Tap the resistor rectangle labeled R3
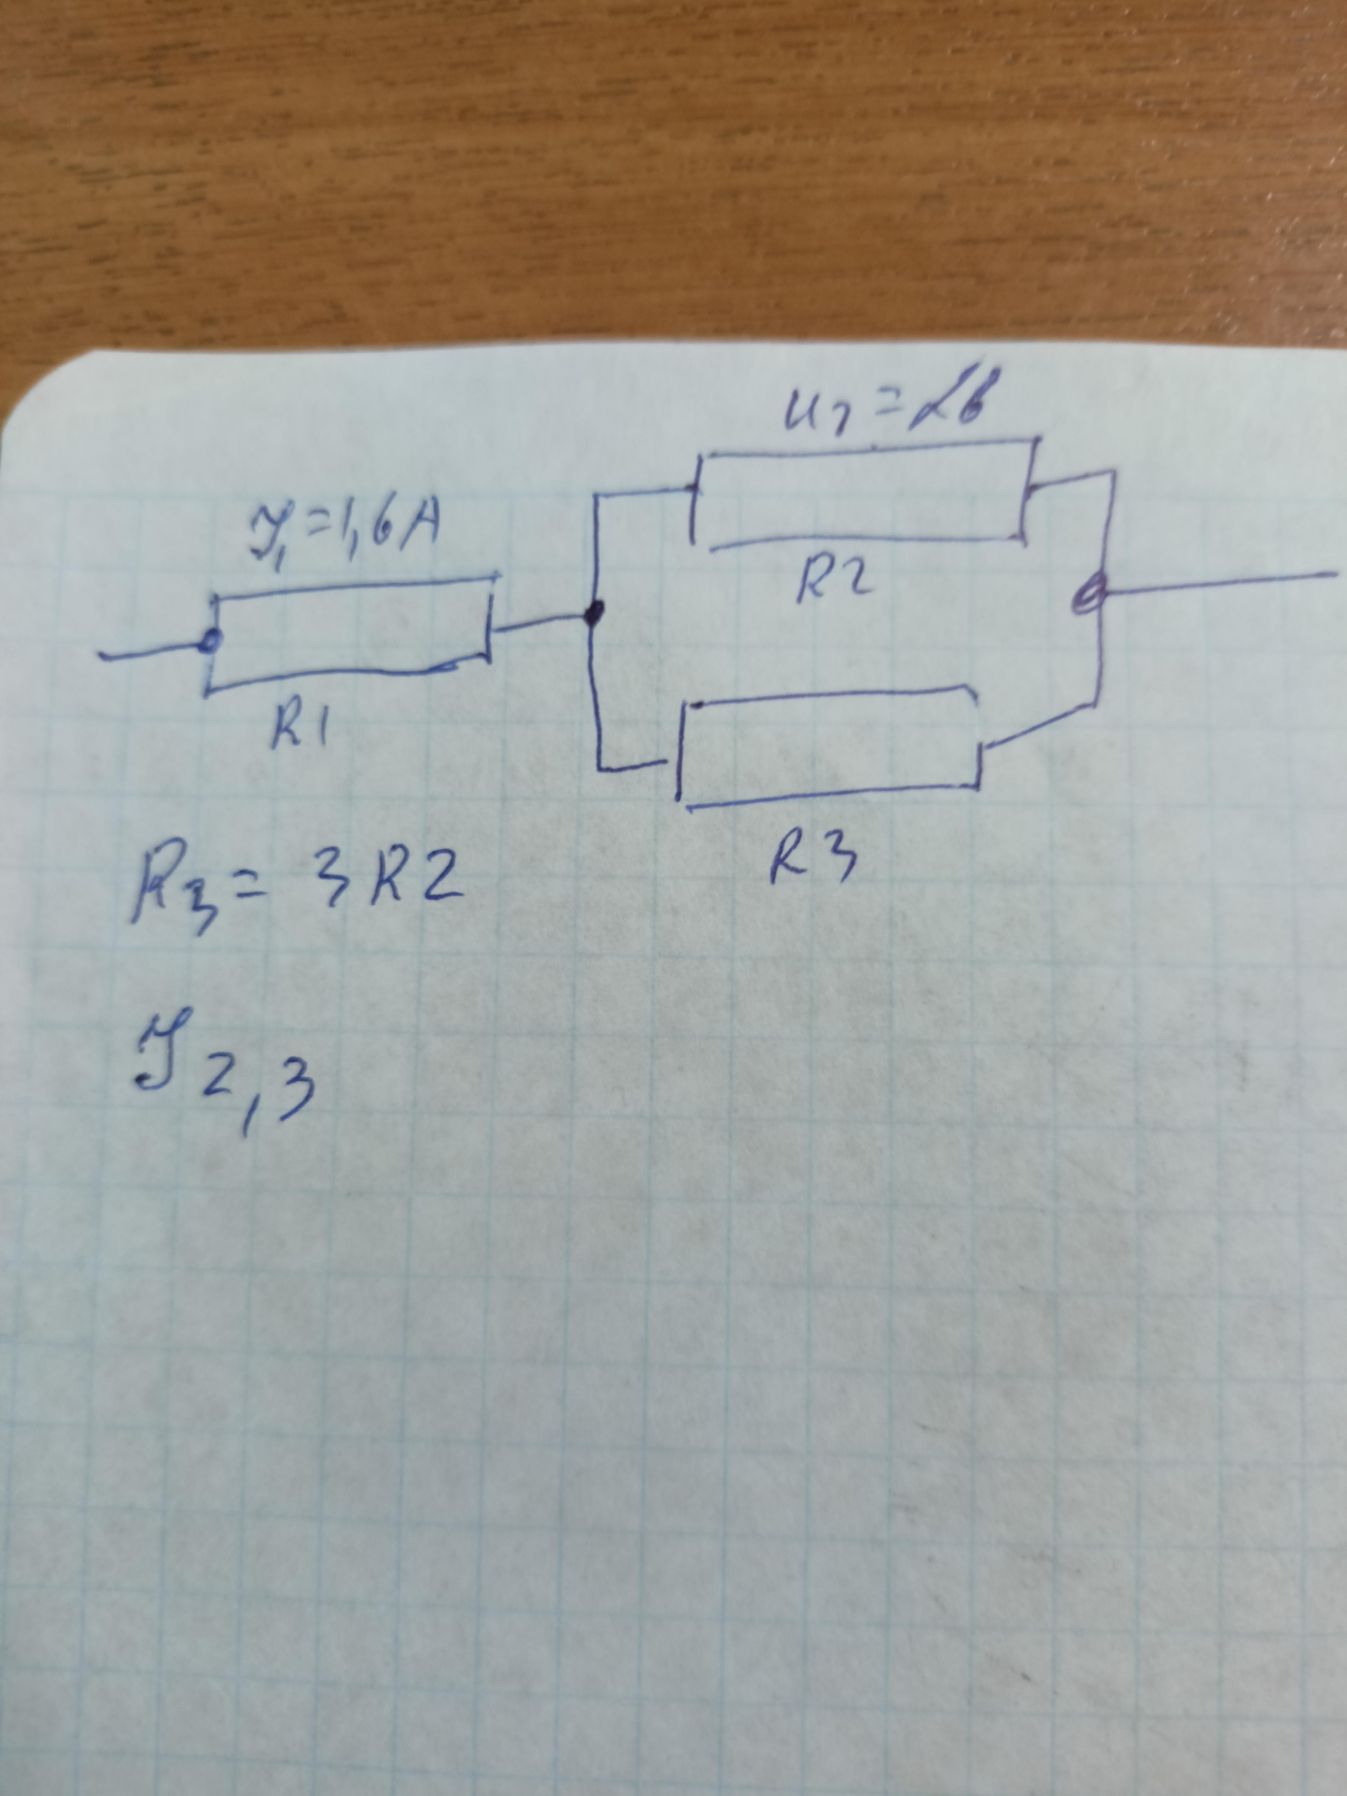(830, 747)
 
